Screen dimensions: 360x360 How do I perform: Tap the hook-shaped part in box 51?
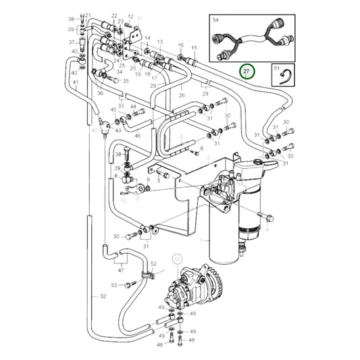point(287,78)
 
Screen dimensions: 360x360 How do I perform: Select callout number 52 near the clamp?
point(153,263)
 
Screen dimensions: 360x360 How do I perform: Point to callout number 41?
point(76,82)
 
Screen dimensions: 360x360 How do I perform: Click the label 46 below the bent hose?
point(137,136)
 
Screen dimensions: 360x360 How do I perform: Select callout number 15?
point(194,48)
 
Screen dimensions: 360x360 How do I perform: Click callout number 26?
point(181,95)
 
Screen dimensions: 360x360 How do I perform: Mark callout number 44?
point(133,106)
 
